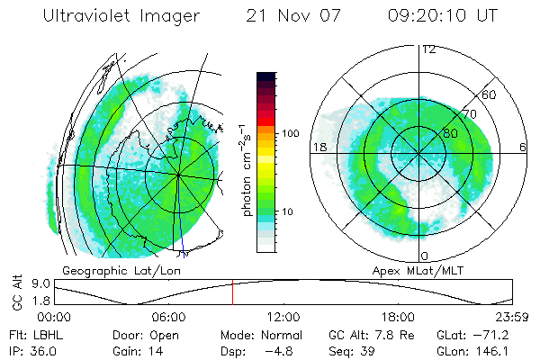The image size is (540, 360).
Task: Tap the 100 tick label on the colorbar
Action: tap(290, 133)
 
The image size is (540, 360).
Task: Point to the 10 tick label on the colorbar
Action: tap(287, 212)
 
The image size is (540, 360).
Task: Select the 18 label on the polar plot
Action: tap(319, 148)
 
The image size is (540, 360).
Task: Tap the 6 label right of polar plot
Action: tap(523, 148)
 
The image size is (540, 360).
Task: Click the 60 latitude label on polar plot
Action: tap(490, 94)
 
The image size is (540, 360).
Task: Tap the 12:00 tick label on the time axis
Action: tap(283, 317)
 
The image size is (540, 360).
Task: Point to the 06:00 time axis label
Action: tap(168, 317)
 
